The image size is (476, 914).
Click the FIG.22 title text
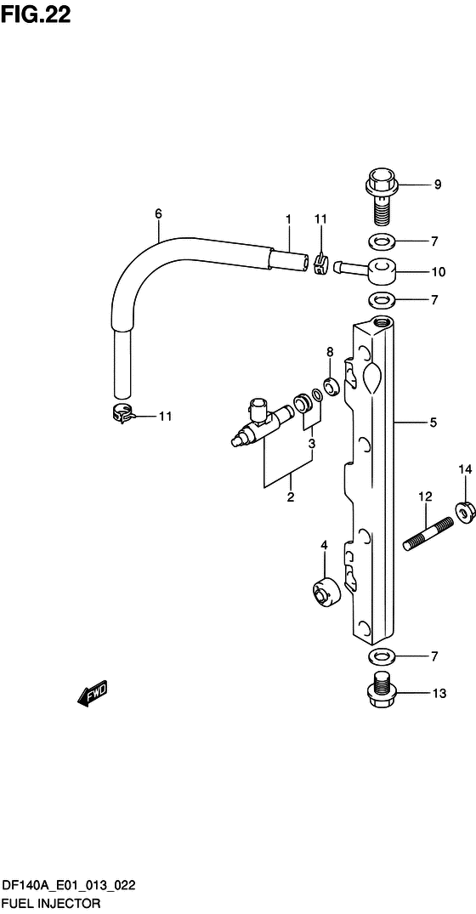pos(36,14)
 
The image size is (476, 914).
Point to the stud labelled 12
pos(428,534)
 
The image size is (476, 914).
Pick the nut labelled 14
pos(464,511)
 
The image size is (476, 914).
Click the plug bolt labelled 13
pos(382,691)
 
